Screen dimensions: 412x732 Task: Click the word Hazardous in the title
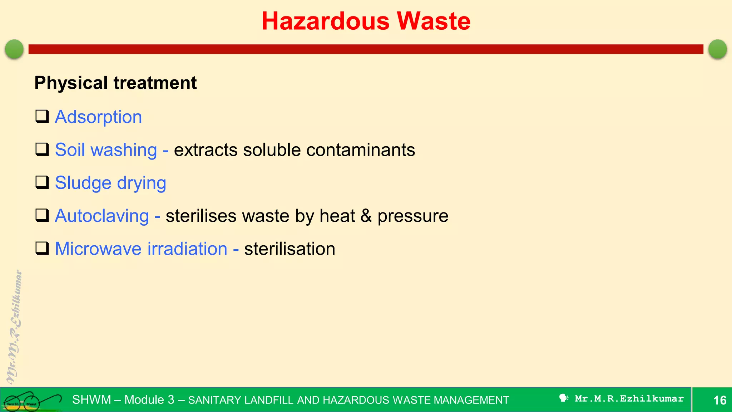tap(325, 21)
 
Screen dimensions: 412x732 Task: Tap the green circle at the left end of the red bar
tap(14, 49)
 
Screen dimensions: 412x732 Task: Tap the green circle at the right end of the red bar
tap(717, 49)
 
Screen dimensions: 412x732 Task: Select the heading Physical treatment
tap(115, 83)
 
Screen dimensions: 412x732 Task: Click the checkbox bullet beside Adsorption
tap(42, 117)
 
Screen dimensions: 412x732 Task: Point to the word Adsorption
tap(98, 117)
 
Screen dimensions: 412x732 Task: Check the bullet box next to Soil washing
tap(42, 149)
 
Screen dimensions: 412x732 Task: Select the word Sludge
tap(83, 183)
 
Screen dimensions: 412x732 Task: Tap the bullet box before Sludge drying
tap(42, 182)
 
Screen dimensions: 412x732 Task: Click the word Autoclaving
tap(102, 216)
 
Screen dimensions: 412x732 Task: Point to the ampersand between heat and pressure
tap(366, 216)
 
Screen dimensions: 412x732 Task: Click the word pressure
tap(413, 216)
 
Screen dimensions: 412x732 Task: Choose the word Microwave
tap(98, 249)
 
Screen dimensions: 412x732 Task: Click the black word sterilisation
tap(290, 249)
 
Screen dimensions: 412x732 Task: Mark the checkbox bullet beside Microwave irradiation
tap(42, 248)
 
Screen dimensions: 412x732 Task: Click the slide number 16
tap(720, 400)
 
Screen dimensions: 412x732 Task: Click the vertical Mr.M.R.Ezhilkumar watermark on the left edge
tap(14, 327)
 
